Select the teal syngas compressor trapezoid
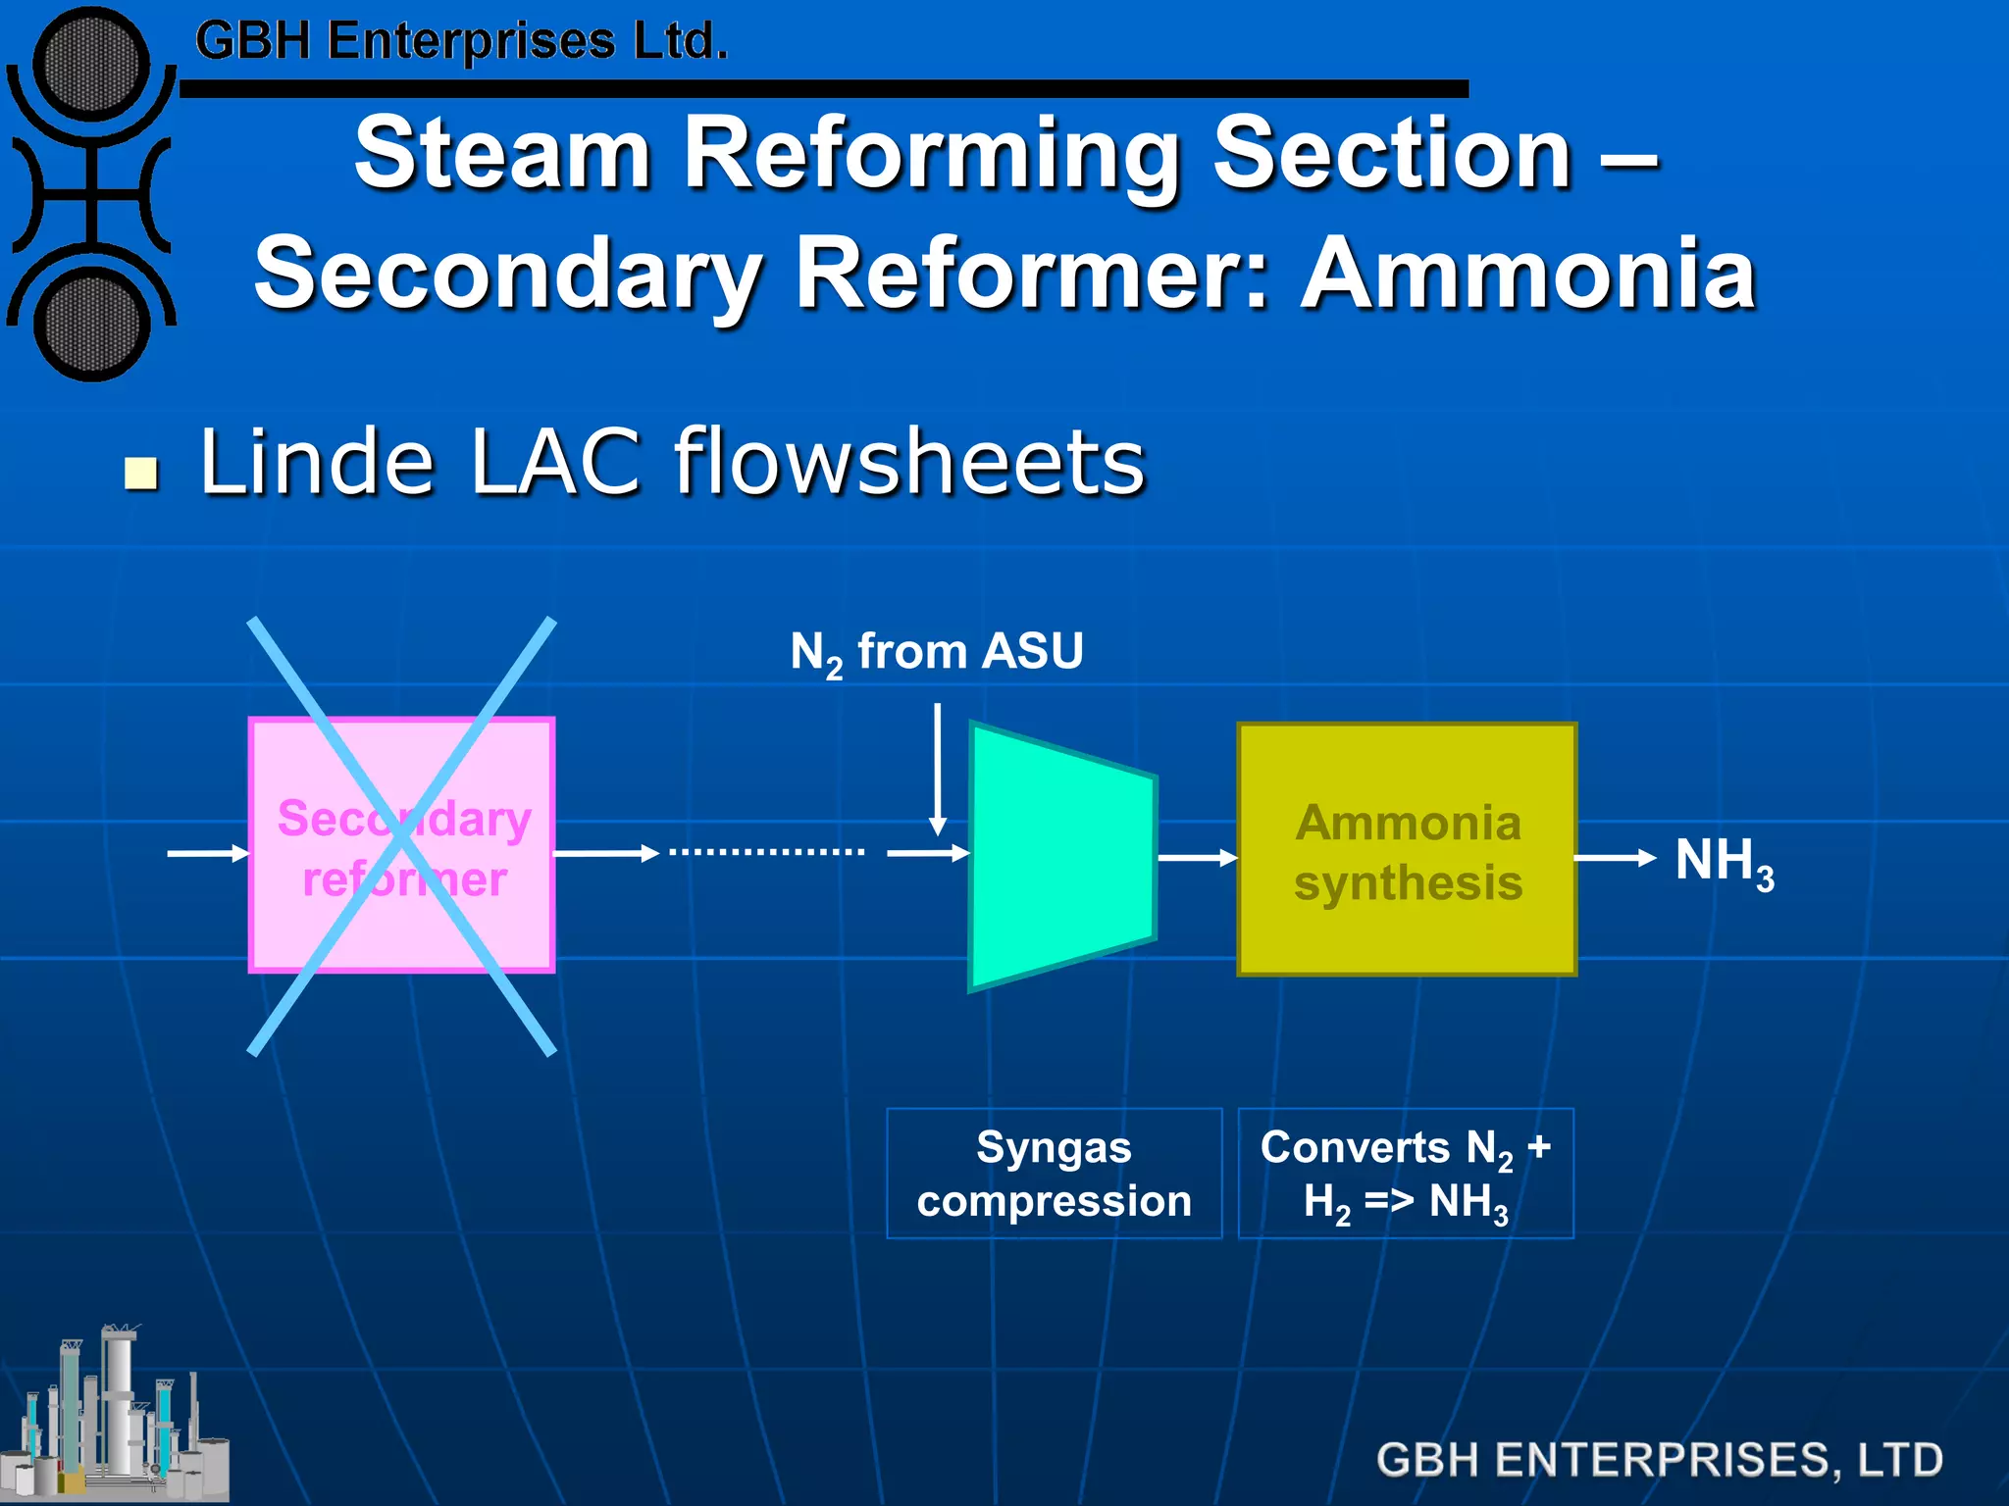(x=1061, y=857)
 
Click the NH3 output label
(x=1724, y=863)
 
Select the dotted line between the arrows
(x=766, y=852)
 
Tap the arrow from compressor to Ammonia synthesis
(x=1197, y=858)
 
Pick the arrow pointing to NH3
(x=1615, y=858)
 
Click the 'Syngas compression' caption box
(x=1054, y=1174)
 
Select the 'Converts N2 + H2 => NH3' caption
(x=1406, y=1174)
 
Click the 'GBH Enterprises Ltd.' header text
(x=461, y=41)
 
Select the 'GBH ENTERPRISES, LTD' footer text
(x=1659, y=1459)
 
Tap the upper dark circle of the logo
(x=90, y=66)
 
